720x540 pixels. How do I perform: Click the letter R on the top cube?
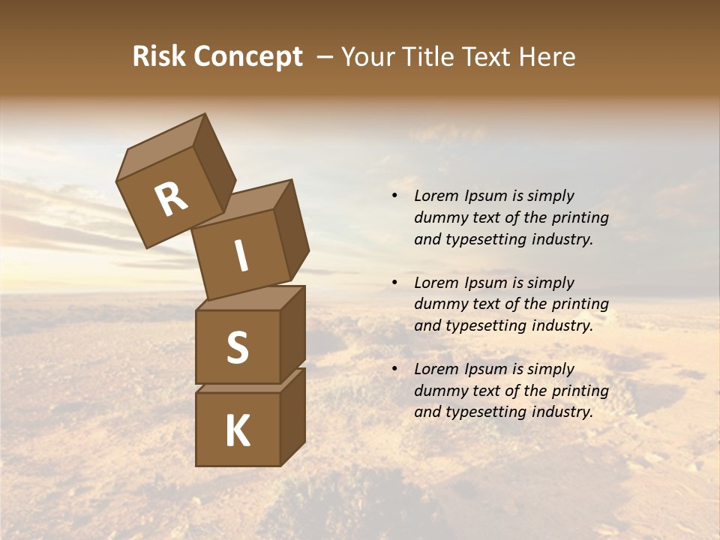pyautogui.click(x=171, y=199)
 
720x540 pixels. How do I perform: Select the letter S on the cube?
pyautogui.click(x=237, y=347)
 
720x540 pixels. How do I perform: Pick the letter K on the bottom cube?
pyautogui.click(x=237, y=431)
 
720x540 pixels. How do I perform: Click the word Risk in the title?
pyautogui.click(x=159, y=56)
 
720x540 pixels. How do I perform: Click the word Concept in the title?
pyautogui.click(x=248, y=57)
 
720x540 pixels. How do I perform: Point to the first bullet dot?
pyautogui.click(x=394, y=196)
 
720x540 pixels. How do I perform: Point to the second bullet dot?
pyautogui.click(x=394, y=283)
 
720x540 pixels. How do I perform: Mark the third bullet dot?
pyautogui.click(x=394, y=369)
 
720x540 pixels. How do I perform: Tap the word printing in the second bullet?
pyautogui.click(x=580, y=304)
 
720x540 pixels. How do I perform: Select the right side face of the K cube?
pyautogui.click(x=292, y=416)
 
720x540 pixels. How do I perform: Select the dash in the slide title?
pyautogui.click(x=325, y=57)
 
